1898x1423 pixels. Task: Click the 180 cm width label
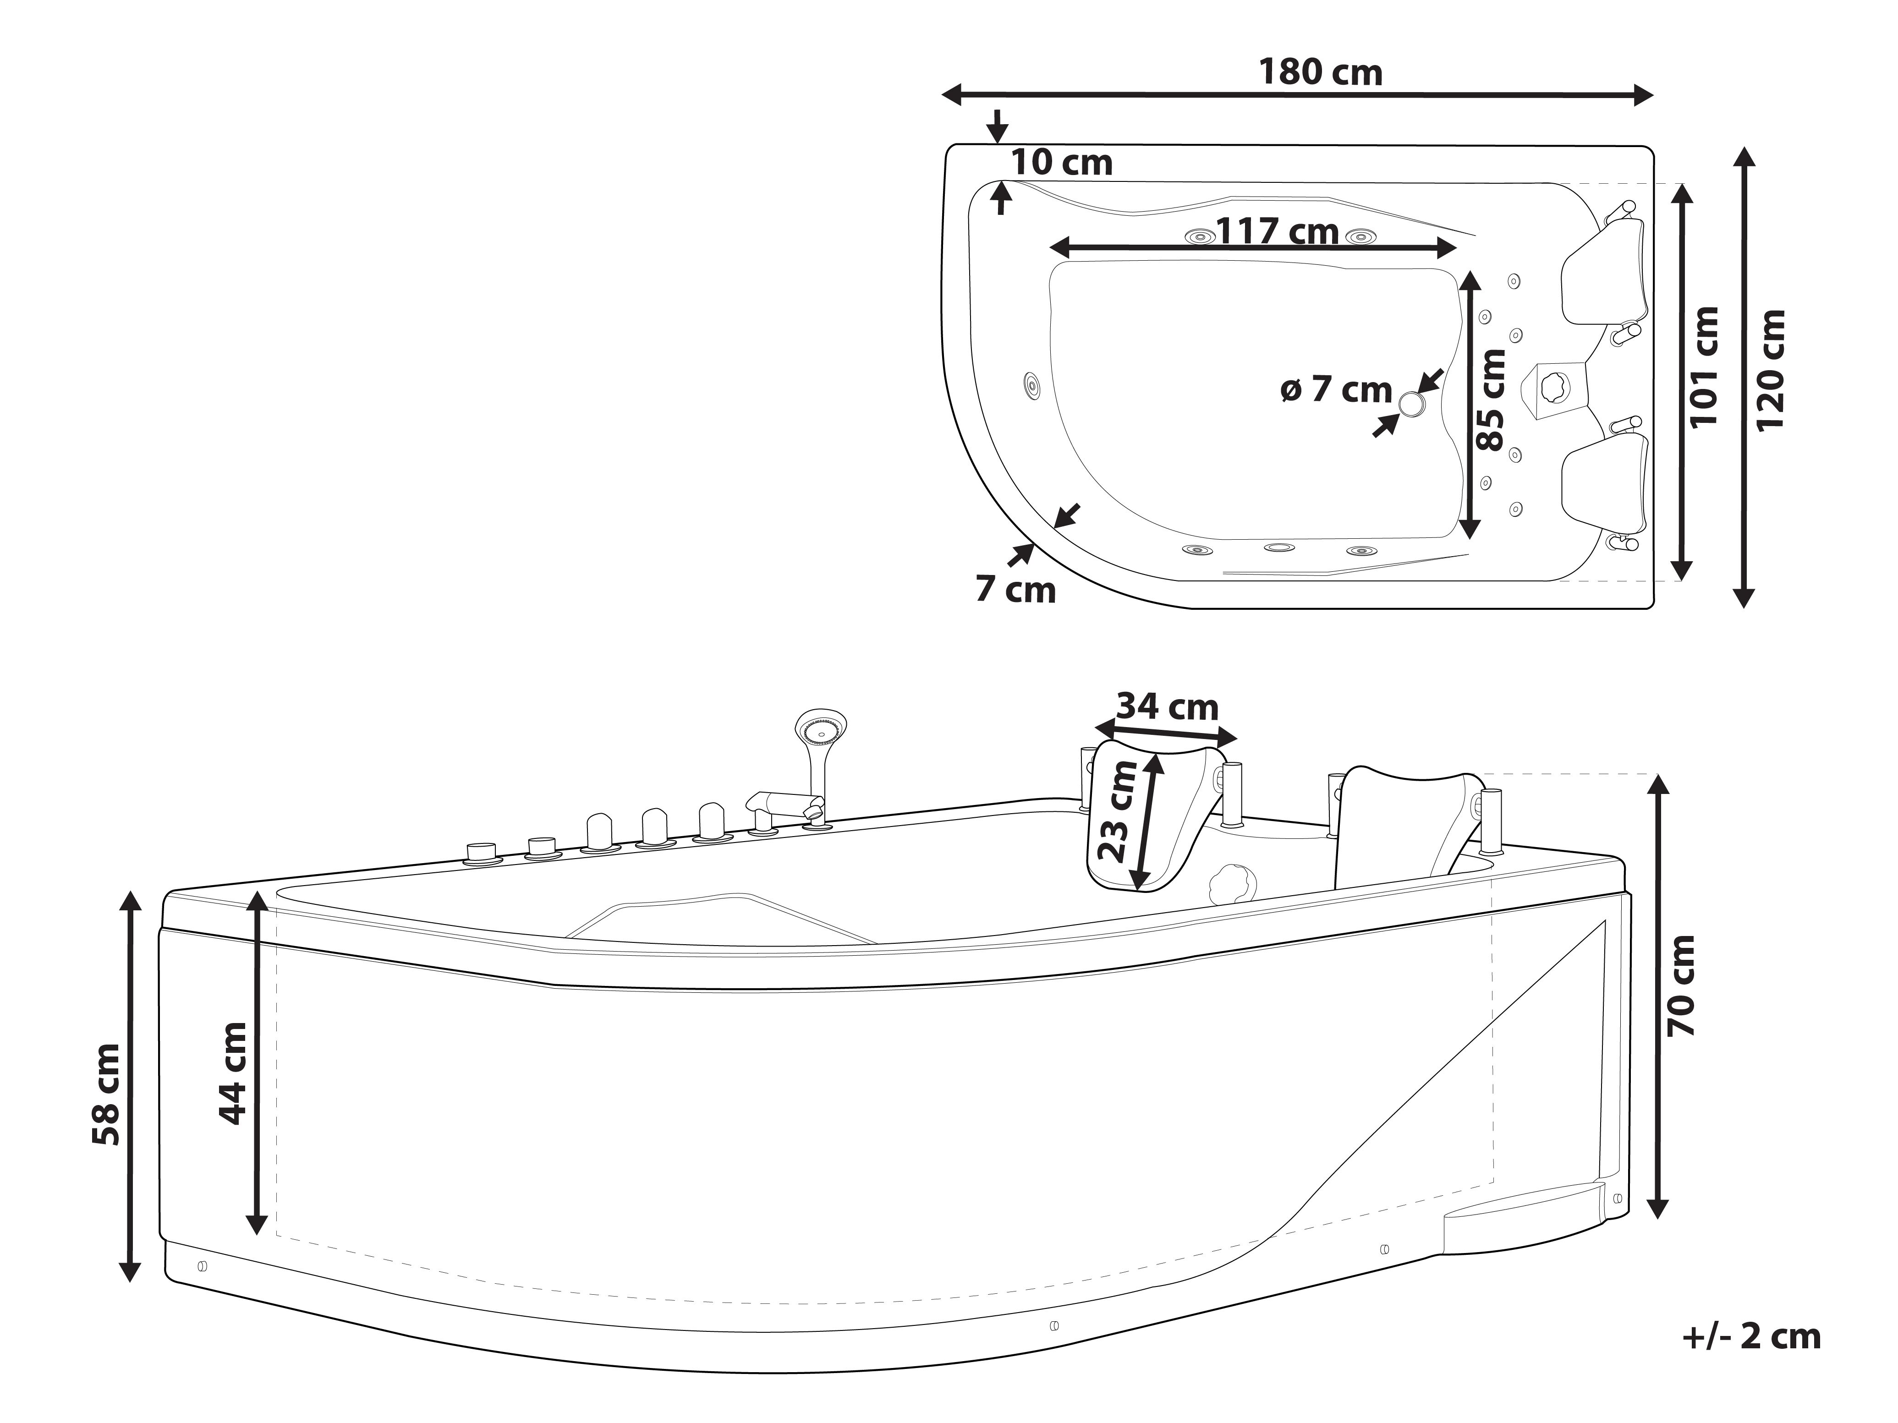point(1320,72)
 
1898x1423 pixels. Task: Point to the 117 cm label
point(1278,231)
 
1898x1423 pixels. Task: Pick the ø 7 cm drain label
point(1336,390)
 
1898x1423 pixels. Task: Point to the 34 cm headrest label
point(1167,707)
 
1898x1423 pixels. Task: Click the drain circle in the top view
point(1411,402)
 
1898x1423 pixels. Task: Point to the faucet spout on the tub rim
point(781,802)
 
